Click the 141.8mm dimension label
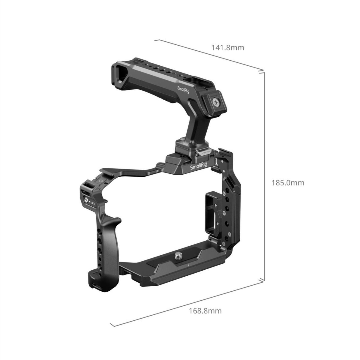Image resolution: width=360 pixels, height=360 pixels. tap(228, 47)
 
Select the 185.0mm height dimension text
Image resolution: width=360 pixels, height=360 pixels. tap(288, 183)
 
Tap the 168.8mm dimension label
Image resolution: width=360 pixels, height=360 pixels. tap(205, 310)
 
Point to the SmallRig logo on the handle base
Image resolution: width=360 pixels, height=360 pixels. tap(198, 167)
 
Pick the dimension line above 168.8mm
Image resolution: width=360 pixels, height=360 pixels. tap(186, 303)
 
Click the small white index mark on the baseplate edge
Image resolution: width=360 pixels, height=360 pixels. tap(187, 265)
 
